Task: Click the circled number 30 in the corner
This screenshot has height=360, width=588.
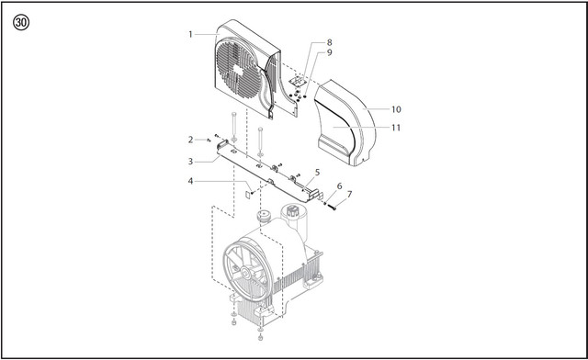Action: click(x=21, y=22)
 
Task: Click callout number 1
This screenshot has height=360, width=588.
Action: click(x=190, y=35)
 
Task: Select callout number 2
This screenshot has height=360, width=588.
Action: click(x=190, y=140)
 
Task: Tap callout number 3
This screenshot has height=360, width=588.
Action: click(x=190, y=162)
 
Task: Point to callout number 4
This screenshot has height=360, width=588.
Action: click(x=190, y=182)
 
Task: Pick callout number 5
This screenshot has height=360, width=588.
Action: click(x=317, y=173)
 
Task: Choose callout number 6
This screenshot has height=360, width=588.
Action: click(x=339, y=186)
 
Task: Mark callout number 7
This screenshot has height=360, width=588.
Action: click(x=349, y=195)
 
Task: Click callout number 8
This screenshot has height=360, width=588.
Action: click(x=329, y=43)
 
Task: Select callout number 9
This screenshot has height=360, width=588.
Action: click(x=329, y=52)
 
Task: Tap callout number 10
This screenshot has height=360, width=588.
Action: click(x=396, y=109)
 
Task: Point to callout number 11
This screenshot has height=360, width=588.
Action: click(x=396, y=128)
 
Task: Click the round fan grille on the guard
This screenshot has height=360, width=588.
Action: click(x=239, y=70)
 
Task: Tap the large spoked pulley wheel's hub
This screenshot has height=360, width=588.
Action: click(x=246, y=273)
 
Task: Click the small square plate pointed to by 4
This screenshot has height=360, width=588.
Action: click(x=247, y=195)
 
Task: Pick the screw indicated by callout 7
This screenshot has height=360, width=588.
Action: click(x=332, y=207)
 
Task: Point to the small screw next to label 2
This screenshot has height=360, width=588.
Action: click(x=209, y=141)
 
